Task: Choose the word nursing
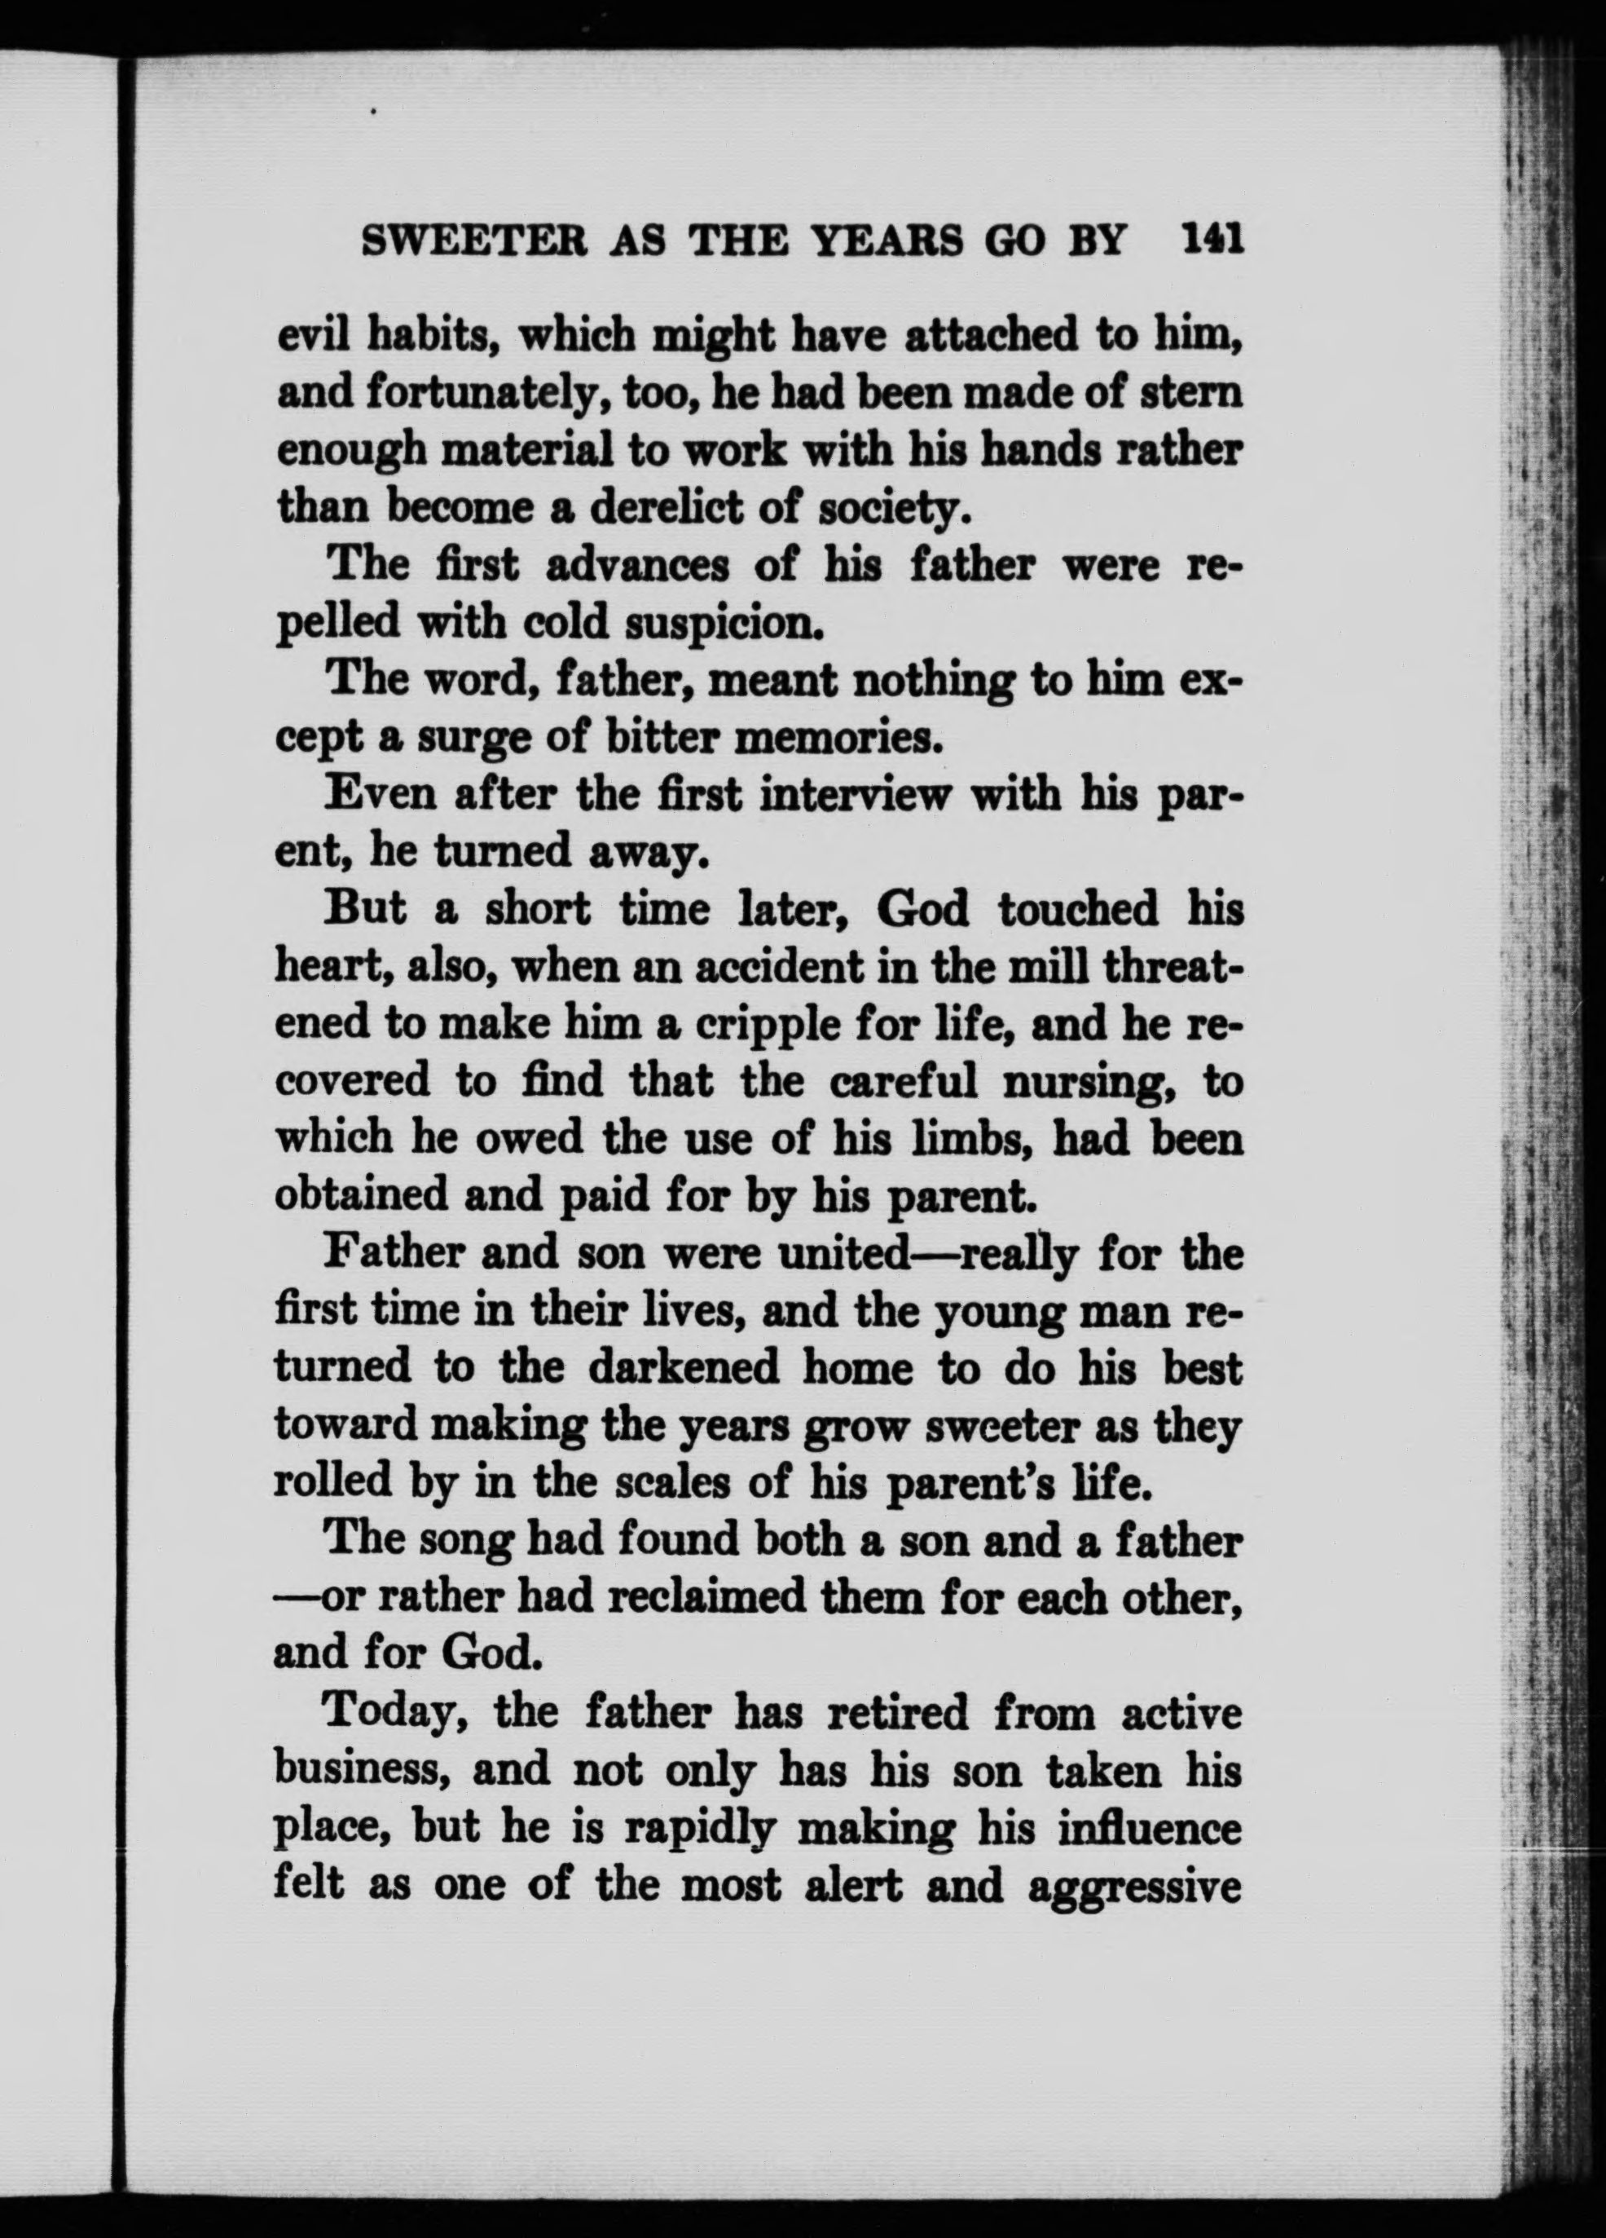[x=1088, y=1083]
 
